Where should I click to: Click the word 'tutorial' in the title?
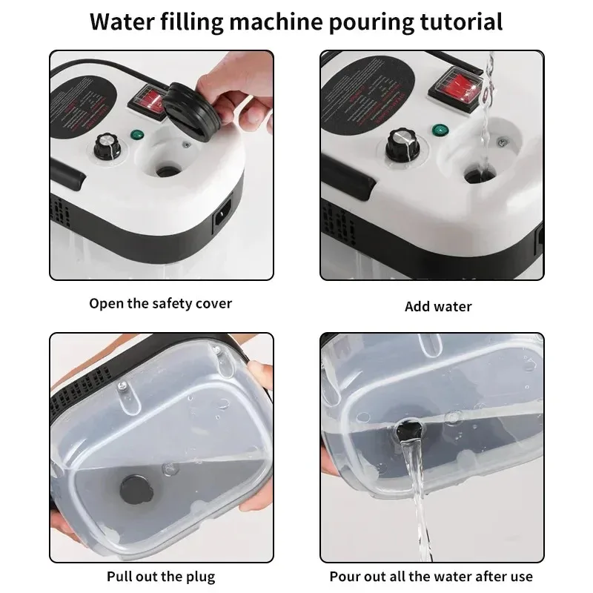coord(454,21)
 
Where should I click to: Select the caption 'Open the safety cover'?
coord(161,303)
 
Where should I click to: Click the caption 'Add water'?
coord(438,306)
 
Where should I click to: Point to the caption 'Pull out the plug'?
coord(161,576)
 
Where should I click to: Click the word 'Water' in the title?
coord(125,21)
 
